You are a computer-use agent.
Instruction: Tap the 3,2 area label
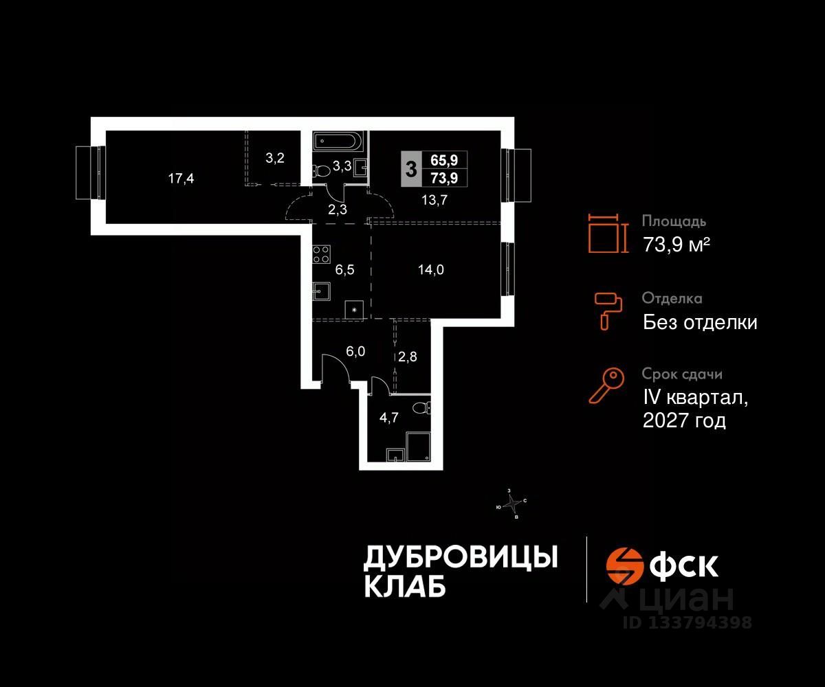tap(275, 157)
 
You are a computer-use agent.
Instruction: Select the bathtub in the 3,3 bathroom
tap(336, 142)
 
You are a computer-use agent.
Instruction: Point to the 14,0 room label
tap(431, 269)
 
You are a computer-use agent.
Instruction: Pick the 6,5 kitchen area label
tap(344, 270)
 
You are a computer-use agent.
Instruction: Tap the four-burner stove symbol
tap(321, 255)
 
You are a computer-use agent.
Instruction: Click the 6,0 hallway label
tap(355, 351)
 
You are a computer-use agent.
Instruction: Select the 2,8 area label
tap(408, 357)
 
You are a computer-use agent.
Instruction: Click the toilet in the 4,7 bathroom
tap(420, 409)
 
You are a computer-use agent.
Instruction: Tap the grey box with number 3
tap(410, 168)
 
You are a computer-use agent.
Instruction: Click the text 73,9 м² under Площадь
tap(676, 245)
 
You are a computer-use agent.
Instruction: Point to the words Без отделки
tap(700, 322)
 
